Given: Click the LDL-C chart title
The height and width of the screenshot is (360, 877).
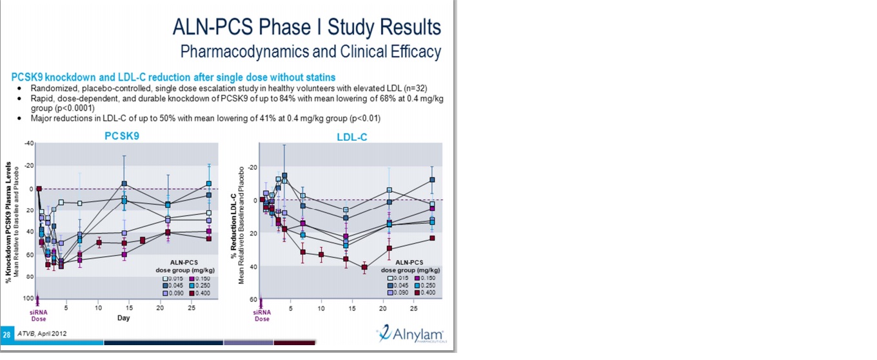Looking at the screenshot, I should click(351, 137).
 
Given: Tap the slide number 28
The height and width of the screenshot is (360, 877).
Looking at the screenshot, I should click(6, 334).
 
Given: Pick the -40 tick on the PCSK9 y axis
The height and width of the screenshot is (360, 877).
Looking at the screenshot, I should click(29, 143).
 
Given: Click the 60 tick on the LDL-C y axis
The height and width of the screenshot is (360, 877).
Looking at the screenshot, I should click(253, 300).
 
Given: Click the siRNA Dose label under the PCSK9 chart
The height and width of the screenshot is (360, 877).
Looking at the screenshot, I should click(39, 315).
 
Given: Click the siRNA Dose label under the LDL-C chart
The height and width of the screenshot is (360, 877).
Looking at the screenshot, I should click(262, 315).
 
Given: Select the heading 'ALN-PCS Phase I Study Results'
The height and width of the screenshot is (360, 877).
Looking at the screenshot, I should click(307, 27).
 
